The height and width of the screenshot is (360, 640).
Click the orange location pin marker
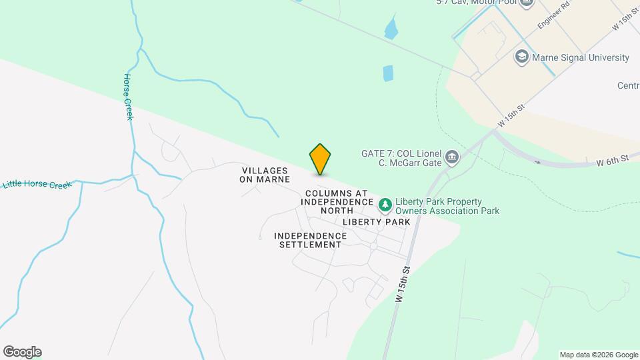[321, 159]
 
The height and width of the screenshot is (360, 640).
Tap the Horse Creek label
[129, 97]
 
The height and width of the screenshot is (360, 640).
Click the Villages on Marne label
[265, 175]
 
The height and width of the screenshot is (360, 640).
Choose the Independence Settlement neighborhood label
[310, 240]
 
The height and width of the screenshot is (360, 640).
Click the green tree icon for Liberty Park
[385, 204]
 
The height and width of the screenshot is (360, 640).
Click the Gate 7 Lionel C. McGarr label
[400, 157]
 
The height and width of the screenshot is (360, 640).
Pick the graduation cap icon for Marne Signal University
[521, 57]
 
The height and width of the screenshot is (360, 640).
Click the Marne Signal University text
[581, 58]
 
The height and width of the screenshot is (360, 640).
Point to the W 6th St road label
[613, 160]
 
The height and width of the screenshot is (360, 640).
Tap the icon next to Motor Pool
[527, 3]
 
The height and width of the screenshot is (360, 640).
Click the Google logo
[22, 352]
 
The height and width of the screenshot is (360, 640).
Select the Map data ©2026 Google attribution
[599, 355]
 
